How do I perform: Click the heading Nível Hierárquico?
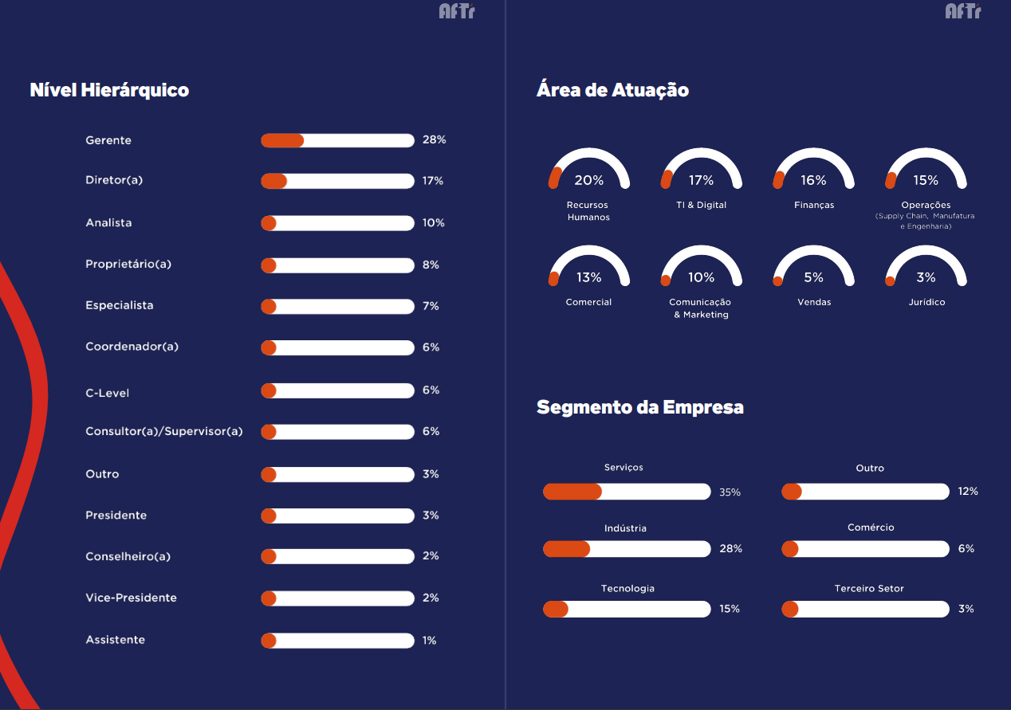point(109,90)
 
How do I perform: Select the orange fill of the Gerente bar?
point(282,141)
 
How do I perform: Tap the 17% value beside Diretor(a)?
point(433,181)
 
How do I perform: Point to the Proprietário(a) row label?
point(128,264)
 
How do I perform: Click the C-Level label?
point(108,393)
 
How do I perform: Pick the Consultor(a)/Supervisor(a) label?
point(163,431)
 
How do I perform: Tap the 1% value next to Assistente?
point(429,641)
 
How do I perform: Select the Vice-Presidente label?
point(131,598)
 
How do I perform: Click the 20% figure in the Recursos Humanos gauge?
point(588,180)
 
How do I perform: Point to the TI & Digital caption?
point(702,205)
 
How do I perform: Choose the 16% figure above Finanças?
point(813,180)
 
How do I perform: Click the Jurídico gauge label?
point(926,302)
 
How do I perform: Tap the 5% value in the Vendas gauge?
point(813,277)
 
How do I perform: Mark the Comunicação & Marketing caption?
point(701,308)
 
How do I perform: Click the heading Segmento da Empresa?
point(640,407)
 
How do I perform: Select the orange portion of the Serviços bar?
point(572,492)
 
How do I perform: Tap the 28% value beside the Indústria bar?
point(730,548)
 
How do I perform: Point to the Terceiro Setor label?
point(869,588)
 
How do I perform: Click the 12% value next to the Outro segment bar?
point(968,491)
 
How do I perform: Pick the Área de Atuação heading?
point(612,90)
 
